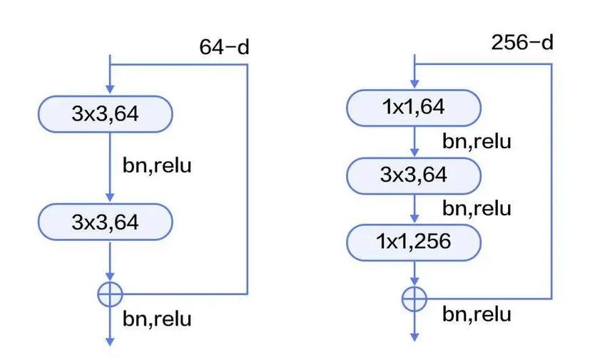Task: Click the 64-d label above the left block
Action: [x=224, y=47]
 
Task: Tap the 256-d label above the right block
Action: [x=522, y=42]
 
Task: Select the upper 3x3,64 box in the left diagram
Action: [x=106, y=114]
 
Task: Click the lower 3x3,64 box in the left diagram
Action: [x=106, y=222]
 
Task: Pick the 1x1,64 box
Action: [x=414, y=108]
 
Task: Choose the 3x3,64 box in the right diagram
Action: [x=414, y=175]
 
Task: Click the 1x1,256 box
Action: [x=414, y=242]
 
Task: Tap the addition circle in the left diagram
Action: [x=110, y=294]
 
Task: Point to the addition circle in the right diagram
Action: [x=414, y=299]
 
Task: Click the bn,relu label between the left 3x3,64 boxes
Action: [x=157, y=165]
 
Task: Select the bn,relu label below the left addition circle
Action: [x=157, y=319]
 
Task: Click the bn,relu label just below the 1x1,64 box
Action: [x=477, y=141]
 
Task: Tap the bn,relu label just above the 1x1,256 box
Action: [x=477, y=208]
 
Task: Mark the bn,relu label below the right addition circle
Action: [x=477, y=314]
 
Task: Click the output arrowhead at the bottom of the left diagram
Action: [x=110, y=341]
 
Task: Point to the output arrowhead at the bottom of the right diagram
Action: [x=414, y=337]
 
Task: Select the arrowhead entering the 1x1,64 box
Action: [x=414, y=83]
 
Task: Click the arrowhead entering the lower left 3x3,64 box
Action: [x=110, y=197]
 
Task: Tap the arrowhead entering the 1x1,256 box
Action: [x=414, y=218]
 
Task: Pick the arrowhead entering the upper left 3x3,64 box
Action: [x=110, y=89]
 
